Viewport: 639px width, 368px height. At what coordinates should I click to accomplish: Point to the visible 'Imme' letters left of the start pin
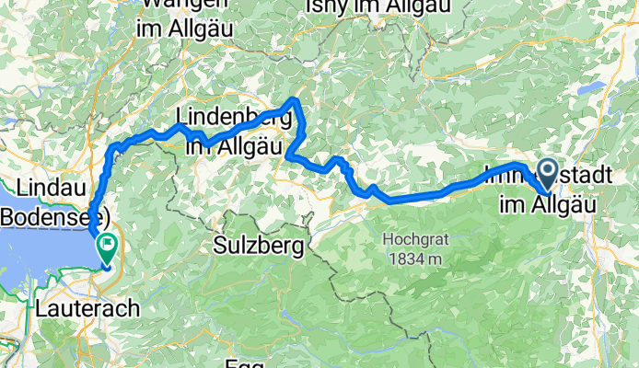506,172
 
